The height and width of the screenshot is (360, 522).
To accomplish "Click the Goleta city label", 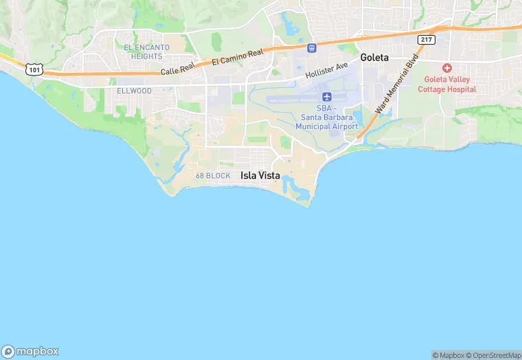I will pos(374,58).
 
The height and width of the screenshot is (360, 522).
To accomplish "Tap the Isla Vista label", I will pos(260,175).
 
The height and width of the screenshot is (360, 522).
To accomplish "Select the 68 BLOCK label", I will pos(213,176).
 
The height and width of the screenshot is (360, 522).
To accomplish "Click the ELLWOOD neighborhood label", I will pos(134,91).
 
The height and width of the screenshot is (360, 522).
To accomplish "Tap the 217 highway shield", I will pos(427,39).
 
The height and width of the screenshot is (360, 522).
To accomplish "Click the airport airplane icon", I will pos(327,96).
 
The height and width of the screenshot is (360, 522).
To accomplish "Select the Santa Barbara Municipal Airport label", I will pos(327,117).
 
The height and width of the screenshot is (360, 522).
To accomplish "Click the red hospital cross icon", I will pos(447,67).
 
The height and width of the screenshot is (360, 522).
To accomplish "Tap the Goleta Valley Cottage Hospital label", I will pos(450,85).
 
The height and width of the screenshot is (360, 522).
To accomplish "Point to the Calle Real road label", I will pos(178,70).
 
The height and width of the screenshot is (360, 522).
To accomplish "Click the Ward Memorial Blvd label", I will pos(393,86).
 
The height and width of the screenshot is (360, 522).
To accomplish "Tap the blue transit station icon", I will pos(312,48).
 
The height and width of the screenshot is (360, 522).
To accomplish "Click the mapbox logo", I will pos(30,350).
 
